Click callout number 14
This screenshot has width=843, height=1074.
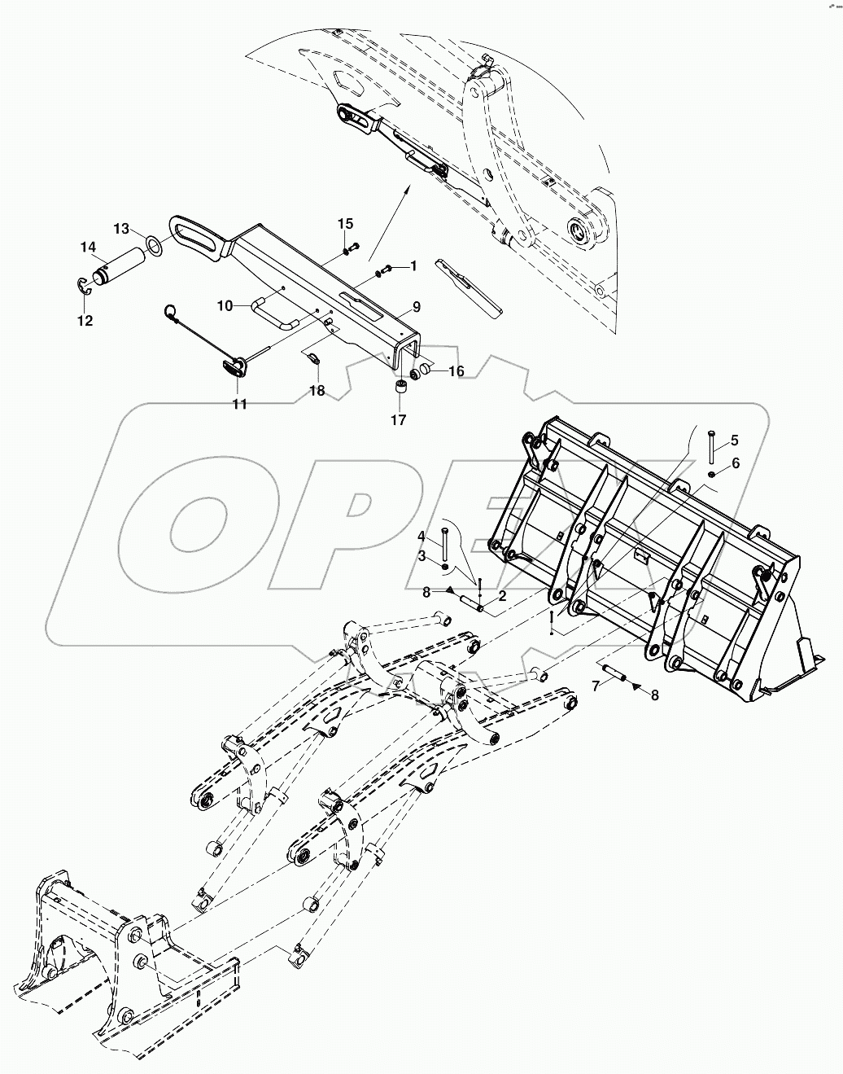coord(87,247)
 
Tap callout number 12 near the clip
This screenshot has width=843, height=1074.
coord(85,321)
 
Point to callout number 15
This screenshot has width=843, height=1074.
coord(346,223)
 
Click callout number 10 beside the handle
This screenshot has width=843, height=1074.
coord(225,305)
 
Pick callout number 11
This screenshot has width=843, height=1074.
coord(239,404)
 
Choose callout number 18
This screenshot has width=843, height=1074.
coord(317,391)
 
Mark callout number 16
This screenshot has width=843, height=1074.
coord(456,370)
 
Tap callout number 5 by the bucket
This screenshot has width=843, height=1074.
coord(734,441)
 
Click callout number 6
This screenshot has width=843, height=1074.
coord(736,462)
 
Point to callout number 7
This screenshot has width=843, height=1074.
coord(596,686)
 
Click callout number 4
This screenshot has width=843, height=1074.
coord(421,536)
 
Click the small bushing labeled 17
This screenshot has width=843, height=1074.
coord(399,387)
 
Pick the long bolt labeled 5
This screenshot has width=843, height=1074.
coord(711,448)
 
